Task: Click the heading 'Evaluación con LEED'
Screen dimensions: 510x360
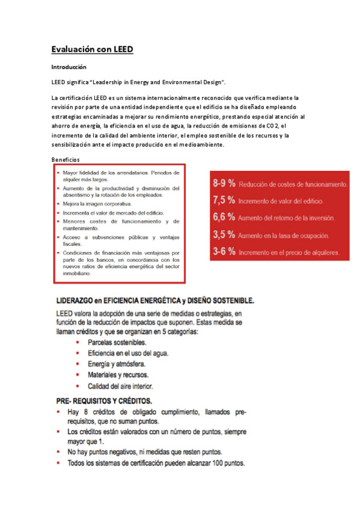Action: click(x=92, y=49)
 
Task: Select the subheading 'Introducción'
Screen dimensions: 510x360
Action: click(x=69, y=67)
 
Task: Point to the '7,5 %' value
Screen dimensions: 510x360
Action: click(x=224, y=200)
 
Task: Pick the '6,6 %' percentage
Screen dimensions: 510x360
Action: click(x=224, y=217)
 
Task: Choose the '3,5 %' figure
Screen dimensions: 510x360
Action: click(x=224, y=235)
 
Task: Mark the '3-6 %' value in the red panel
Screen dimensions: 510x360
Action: click(x=223, y=251)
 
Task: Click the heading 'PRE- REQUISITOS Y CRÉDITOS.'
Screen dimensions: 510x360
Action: click(x=104, y=400)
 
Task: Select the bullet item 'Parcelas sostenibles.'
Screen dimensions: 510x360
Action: click(x=117, y=342)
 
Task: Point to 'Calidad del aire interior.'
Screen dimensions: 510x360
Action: click(x=120, y=386)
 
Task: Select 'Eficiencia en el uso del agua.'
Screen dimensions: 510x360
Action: click(x=128, y=352)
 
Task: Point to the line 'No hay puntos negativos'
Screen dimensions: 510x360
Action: click(x=144, y=452)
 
